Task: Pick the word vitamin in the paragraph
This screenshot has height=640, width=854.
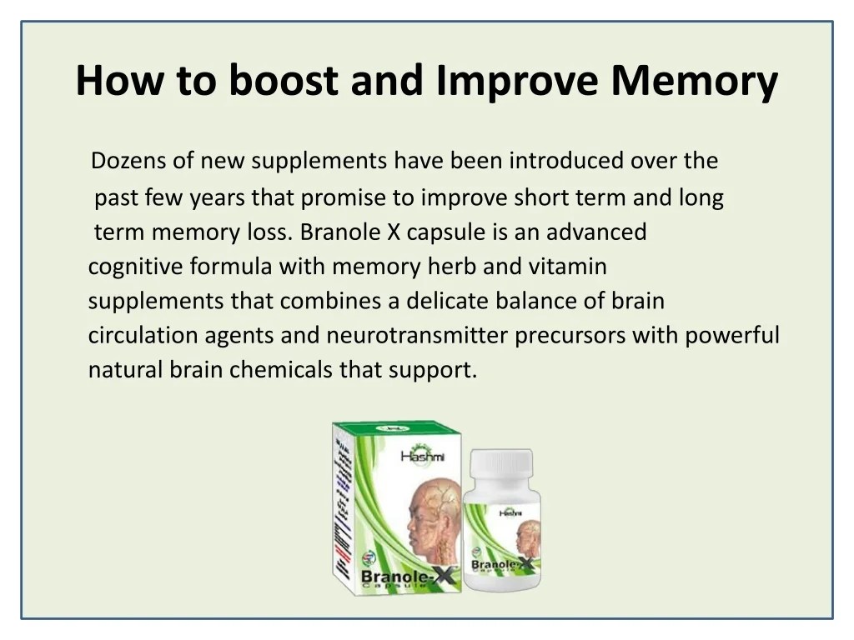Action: [x=567, y=267]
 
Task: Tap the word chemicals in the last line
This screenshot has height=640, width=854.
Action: [x=281, y=369]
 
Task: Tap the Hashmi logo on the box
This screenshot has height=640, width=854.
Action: [x=424, y=454]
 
